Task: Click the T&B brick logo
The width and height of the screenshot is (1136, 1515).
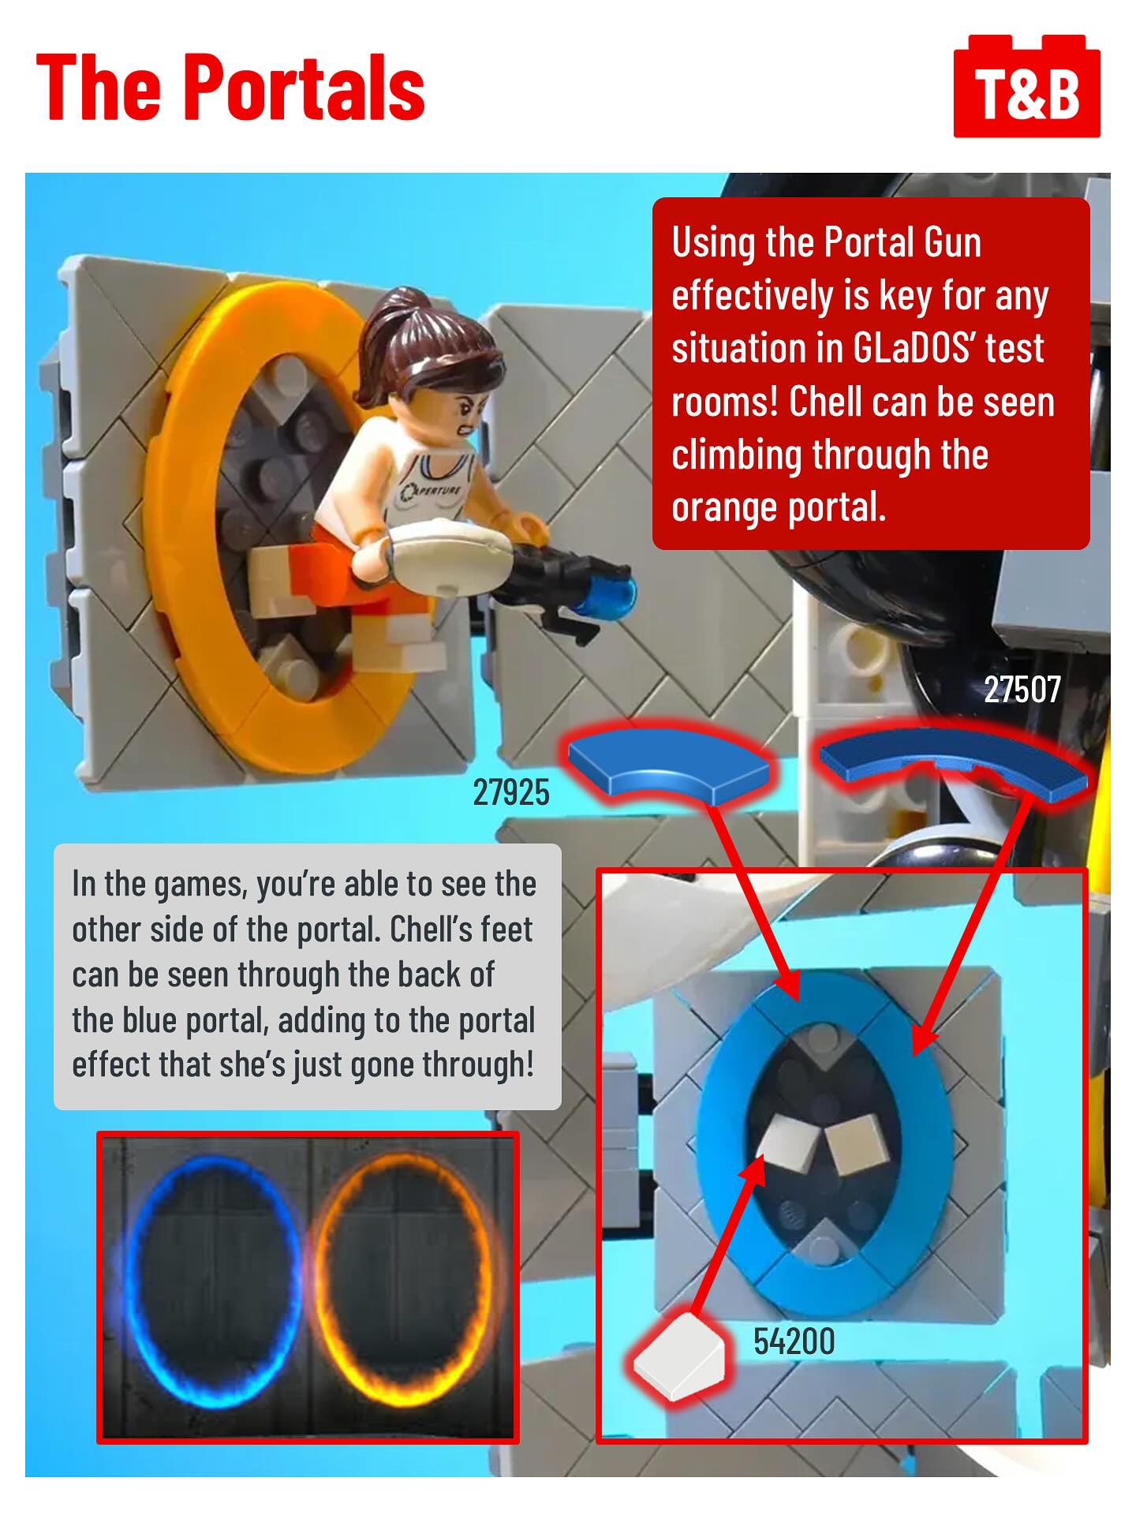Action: pos(1026,86)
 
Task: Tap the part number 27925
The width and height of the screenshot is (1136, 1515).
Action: pos(511,792)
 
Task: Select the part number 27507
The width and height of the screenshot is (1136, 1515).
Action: pos(1022,689)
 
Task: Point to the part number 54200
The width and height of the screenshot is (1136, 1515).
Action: pos(794,1341)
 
